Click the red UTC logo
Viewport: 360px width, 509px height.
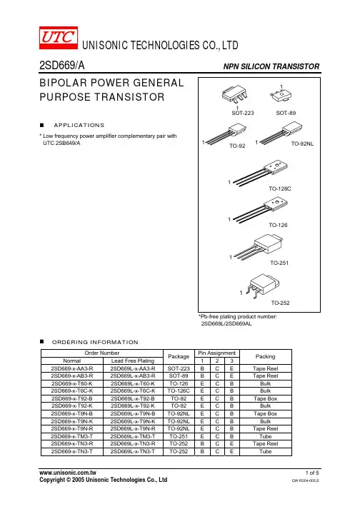pos(59,38)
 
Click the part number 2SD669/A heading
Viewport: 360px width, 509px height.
pos(62,66)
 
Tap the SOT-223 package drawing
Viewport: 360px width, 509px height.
pos(234,94)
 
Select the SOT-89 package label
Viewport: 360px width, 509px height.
pos(286,113)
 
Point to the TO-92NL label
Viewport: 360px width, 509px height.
pos(302,143)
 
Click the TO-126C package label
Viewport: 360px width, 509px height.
pos(280,188)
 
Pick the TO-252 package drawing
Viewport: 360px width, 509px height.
pos(263,286)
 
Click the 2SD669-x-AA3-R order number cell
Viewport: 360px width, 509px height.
pos(72,368)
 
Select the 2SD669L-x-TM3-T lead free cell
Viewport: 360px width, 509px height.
pos(133,436)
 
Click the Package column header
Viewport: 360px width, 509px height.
pos(179,356)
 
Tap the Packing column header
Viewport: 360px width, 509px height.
pos(266,356)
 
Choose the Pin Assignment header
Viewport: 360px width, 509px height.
pos(217,353)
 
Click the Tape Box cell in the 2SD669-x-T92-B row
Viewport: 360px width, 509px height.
pos(266,398)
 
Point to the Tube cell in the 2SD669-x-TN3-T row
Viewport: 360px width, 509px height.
pos(266,451)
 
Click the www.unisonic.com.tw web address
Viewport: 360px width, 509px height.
pos(68,473)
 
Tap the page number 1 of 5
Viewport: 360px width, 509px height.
pos(312,473)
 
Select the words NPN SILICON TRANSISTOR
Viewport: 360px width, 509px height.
pos(271,66)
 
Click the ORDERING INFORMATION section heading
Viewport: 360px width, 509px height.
pos(95,342)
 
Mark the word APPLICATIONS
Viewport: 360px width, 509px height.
pos(79,126)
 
